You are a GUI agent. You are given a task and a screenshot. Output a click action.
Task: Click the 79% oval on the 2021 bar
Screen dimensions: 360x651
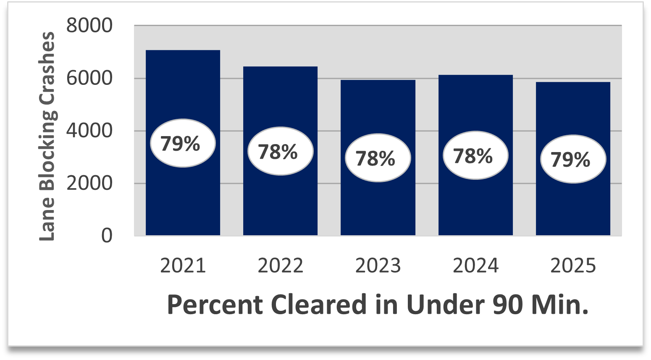click(183, 143)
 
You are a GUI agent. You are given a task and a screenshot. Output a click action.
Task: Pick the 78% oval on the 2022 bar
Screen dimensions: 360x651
click(280, 151)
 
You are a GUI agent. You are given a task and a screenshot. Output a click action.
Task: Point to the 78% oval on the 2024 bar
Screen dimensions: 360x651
click(475, 155)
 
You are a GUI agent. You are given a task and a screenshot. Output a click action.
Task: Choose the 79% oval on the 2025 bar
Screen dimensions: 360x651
click(573, 159)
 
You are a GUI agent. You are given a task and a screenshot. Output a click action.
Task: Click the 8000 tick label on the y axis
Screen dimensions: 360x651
click(89, 26)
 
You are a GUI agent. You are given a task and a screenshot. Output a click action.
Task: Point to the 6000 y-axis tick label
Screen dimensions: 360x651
click(89, 79)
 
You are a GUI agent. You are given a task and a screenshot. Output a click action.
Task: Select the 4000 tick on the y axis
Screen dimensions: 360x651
click(89, 131)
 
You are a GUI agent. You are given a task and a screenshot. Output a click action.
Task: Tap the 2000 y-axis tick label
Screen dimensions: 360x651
click(89, 184)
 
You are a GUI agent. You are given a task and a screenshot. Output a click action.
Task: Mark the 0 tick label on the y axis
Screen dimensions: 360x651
click(107, 236)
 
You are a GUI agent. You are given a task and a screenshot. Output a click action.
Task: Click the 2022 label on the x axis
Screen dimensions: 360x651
click(280, 266)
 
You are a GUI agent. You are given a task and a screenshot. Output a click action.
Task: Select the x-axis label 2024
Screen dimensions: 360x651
click(475, 266)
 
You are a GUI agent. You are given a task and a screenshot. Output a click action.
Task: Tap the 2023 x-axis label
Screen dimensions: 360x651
click(378, 266)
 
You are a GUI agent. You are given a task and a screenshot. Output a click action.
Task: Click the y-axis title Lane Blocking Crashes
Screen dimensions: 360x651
click(47, 137)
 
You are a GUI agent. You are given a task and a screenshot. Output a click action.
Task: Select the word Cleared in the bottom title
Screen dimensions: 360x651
click(319, 305)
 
